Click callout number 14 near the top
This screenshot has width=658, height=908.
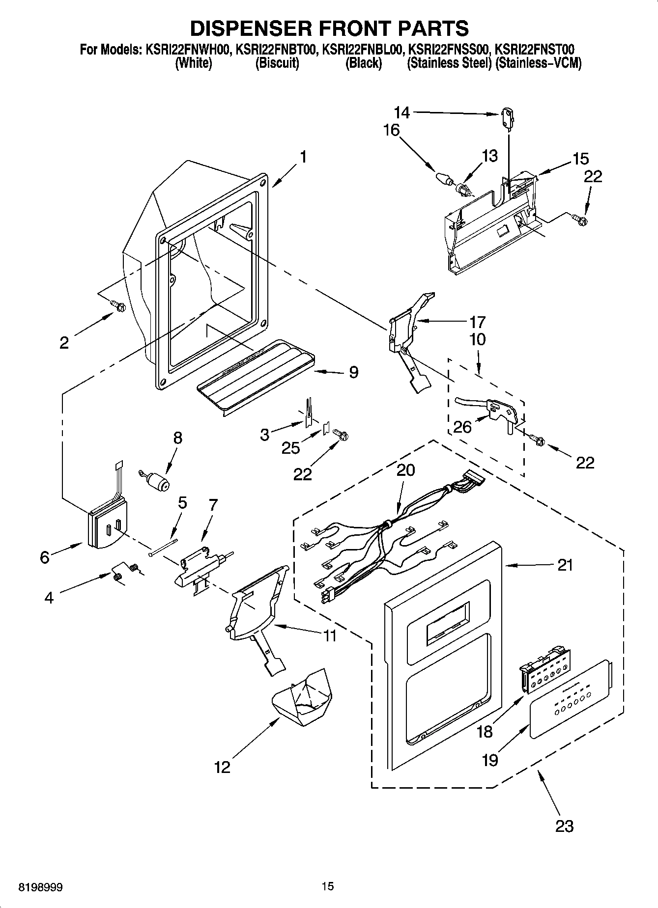coord(401,113)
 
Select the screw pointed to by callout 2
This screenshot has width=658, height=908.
coord(118,306)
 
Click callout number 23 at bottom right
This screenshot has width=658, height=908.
coord(564,825)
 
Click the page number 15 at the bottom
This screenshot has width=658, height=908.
coord(328,886)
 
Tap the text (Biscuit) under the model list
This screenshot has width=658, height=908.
coord(277,63)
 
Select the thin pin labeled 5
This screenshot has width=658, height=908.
coord(163,547)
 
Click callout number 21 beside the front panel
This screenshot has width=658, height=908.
coord(565,565)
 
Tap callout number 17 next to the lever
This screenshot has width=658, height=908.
coord(477,322)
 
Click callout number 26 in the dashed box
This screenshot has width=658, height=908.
coord(462,427)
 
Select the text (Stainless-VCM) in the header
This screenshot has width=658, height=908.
coord(539,63)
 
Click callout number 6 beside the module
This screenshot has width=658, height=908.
coord(45,558)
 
